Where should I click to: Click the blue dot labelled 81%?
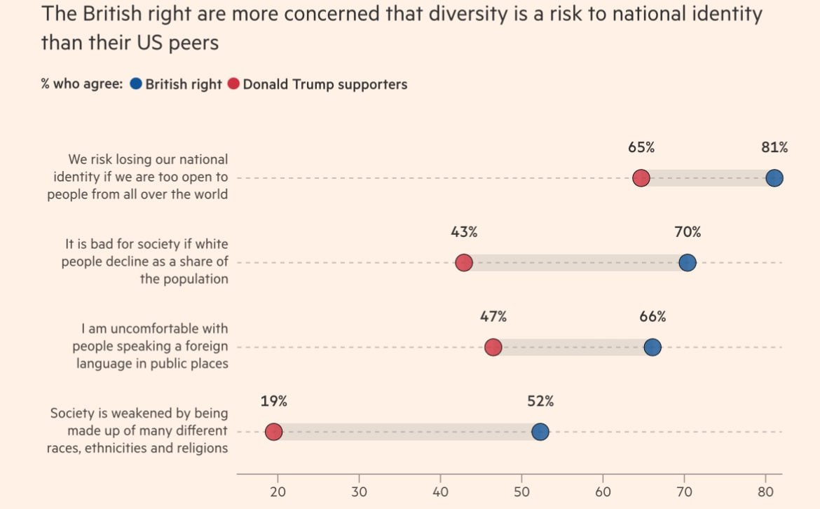point(774,178)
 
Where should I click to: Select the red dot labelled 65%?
point(641,178)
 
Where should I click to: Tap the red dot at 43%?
point(463,263)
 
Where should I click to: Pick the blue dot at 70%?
point(687,263)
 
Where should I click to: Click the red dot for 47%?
point(493,347)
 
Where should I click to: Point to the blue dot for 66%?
point(652,347)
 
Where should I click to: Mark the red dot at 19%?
point(273,432)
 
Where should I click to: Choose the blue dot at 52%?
point(540,432)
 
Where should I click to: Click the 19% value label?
point(273,402)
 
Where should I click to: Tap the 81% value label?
point(774,147)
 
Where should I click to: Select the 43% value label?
point(464,232)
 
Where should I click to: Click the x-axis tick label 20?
point(278,491)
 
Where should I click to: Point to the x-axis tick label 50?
point(521,491)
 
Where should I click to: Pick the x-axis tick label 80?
point(765,491)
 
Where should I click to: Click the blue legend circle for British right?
point(136,84)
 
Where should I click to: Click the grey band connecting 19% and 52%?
point(406,432)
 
